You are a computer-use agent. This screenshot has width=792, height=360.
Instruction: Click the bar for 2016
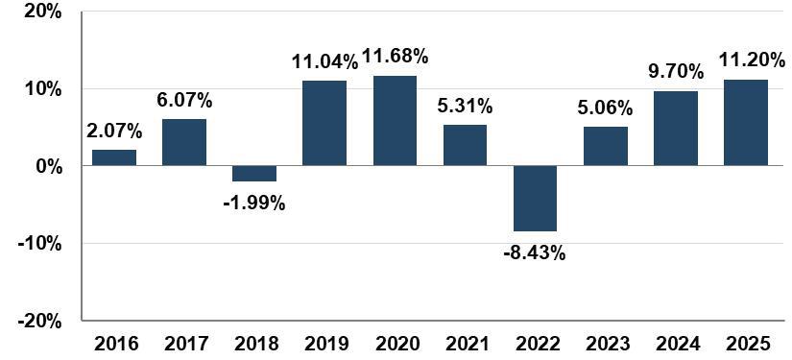pos(114,157)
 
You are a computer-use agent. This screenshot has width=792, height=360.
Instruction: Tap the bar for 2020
pos(395,121)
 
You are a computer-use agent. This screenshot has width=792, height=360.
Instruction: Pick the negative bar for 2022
pos(536,199)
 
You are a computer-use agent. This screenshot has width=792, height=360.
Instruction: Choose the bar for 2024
pos(676,129)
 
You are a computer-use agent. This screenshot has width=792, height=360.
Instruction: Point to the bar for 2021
pos(466,145)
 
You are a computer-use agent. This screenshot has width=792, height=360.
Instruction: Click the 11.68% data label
pos(395,57)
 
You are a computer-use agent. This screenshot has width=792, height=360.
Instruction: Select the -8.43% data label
pos(535,252)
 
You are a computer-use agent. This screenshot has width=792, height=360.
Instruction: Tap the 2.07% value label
pos(114,132)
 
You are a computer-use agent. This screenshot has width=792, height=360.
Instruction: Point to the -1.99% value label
pos(254,204)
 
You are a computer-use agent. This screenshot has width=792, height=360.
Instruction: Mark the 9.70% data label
pos(677,72)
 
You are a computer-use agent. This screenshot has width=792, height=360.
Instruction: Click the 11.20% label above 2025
pos(753,61)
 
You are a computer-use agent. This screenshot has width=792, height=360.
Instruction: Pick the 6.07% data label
pos(184,101)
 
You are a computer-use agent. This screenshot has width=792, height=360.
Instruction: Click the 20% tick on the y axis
pos(43,12)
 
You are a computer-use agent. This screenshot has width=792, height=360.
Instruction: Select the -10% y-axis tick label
pos(39,243)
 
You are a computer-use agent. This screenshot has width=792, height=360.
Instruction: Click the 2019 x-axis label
pos(324,345)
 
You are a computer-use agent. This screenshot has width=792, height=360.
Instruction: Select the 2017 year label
pos(184,345)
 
